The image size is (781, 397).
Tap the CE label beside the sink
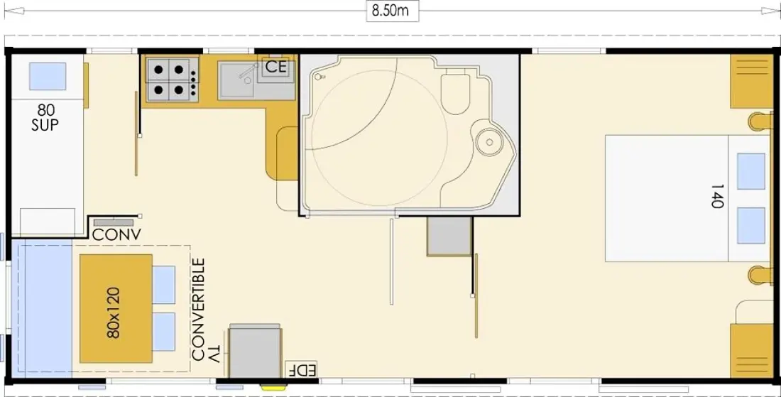pos(276,67)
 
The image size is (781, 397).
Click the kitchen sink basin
pos(236,80)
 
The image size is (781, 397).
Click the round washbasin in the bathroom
pos(488,141)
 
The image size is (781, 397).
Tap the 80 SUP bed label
pos(45,118)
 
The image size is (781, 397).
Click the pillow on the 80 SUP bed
pos(48,76)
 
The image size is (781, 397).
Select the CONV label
pos(116,234)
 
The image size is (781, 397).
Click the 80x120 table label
pos(114,312)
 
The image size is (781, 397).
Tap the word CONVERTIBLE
pos(198,310)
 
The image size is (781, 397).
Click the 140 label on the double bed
pos(716,196)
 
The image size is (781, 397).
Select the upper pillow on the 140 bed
pos(750,171)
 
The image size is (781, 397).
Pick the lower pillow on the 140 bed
pos(750,226)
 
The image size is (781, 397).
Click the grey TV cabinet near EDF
pos(254,351)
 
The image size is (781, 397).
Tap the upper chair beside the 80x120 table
pos(164,285)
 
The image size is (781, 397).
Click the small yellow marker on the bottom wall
pos(272,385)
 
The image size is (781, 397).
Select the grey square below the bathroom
pos(449,236)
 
